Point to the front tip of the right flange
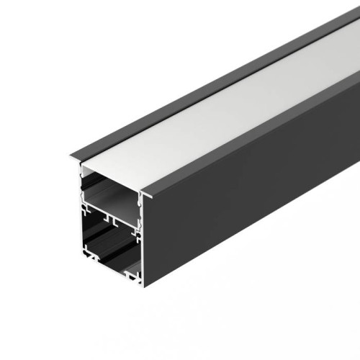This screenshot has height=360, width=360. point(146,193)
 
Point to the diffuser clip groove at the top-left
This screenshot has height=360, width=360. point(81,171)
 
